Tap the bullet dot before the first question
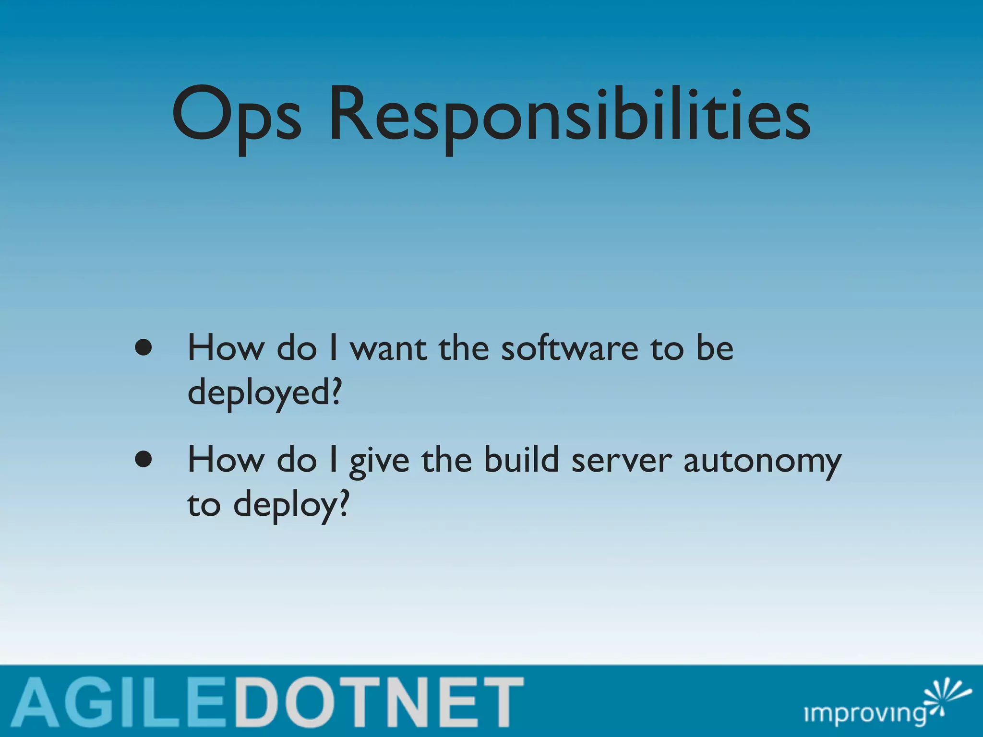144,347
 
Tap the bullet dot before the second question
144,460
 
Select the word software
570,348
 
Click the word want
388,348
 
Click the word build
521,460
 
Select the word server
622,461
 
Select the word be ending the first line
715,348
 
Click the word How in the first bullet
226,348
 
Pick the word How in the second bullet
226,460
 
